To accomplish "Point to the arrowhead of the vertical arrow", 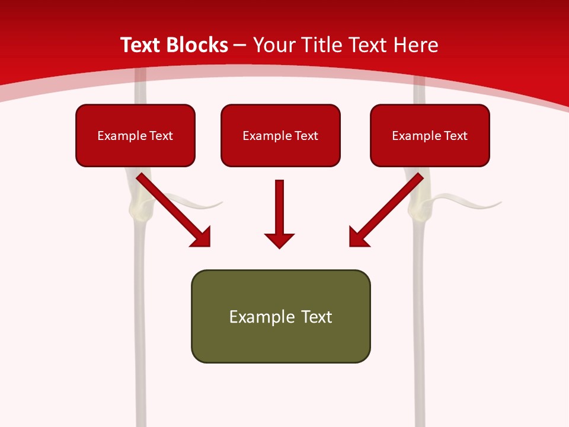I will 279,240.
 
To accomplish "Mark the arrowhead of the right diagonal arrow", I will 358,237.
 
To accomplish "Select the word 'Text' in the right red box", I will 455,136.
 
